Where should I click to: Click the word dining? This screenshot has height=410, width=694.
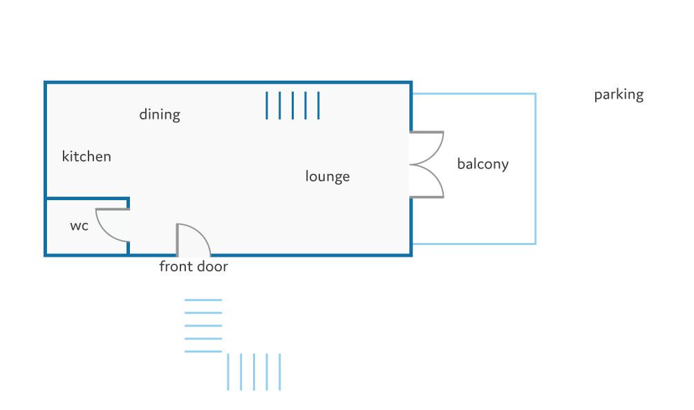pyautogui.click(x=160, y=115)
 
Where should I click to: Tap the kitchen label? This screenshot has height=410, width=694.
pyautogui.click(x=86, y=157)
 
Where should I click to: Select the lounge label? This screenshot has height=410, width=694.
pyautogui.click(x=328, y=177)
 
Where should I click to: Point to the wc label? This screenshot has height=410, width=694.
pyautogui.click(x=79, y=226)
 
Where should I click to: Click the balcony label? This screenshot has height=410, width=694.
pyautogui.click(x=482, y=164)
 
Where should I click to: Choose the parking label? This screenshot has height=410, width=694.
pyautogui.click(x=619, y=95)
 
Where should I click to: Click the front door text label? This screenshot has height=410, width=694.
pyautogui.click(x=194, y=266)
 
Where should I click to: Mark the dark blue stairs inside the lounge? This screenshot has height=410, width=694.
pyautogui.click(x=293, y=106)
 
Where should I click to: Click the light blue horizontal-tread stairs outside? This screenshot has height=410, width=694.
pyautogui.click(x=203, y=326)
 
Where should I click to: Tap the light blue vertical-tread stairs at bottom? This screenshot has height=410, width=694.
pyautogui.click(x=254, y=372)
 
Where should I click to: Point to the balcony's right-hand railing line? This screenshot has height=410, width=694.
pyautogui.click(x=535, y=169)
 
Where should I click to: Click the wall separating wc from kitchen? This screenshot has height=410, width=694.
pyautogui.click(x=86, y=199)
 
